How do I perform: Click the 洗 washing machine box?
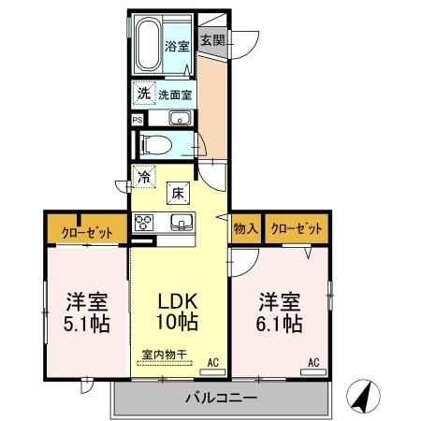143,94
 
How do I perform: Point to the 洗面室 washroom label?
174,94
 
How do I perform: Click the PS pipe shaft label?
137,120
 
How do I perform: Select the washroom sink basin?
180,118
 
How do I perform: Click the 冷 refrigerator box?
144,173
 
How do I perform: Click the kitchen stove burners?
145,223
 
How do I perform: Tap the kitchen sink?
181,223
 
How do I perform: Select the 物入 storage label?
245,228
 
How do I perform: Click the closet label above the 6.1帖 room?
297,228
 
